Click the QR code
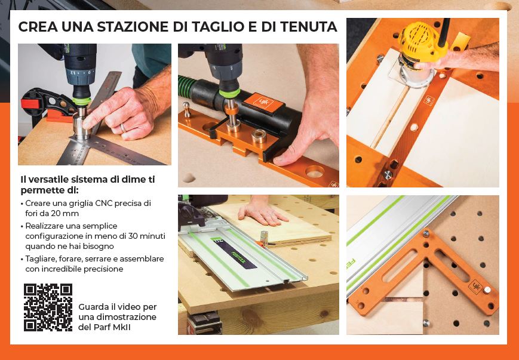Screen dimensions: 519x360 [48, 307]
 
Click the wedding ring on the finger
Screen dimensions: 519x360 [122, 127]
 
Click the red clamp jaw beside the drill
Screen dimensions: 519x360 [28, 104]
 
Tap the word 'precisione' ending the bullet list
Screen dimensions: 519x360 [103, 269]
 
